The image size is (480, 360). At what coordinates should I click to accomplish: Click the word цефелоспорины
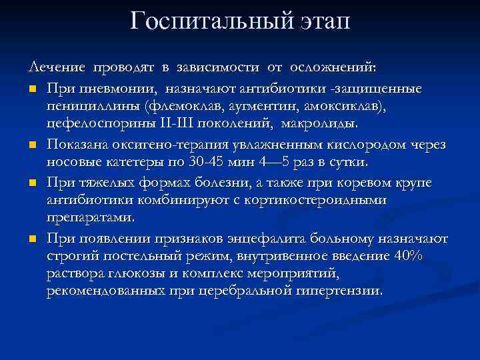[x=89, y=123]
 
